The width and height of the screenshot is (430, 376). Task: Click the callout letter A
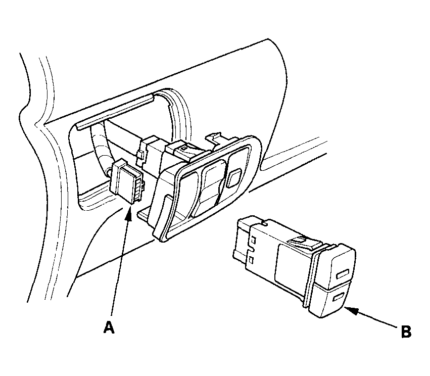(x=109, y=327)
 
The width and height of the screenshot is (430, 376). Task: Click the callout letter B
(x=406, y=332)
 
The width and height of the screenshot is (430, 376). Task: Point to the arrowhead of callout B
(x=351, y=310)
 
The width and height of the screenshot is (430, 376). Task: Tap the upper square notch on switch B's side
(x=253, y=241)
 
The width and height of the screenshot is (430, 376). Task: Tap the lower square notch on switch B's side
(x=252, y=259)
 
